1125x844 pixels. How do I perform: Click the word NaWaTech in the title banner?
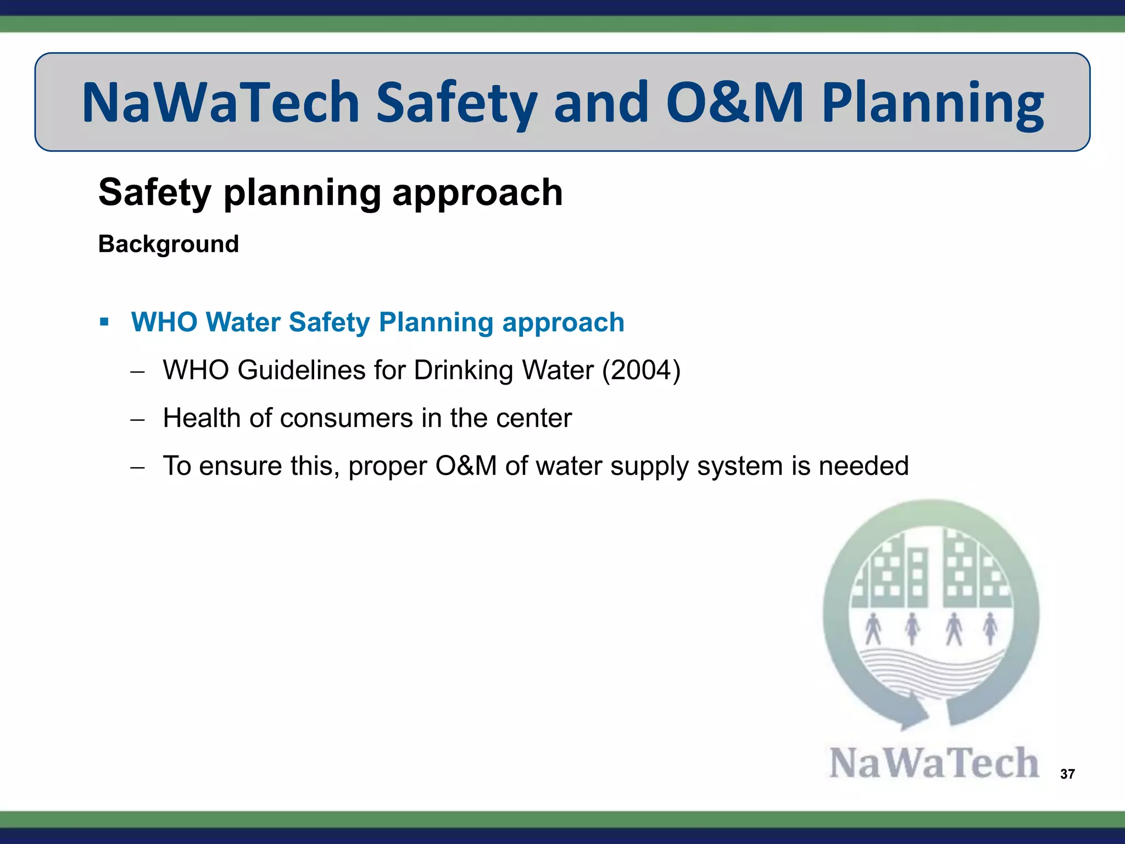(220, 102)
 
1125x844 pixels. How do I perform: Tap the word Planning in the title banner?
(932, 103)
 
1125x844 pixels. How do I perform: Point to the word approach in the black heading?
(477, 193)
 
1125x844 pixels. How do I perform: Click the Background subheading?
(169, 244)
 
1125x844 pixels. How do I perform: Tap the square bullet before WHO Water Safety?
(104, 321)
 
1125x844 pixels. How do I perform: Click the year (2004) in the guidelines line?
(641, 370)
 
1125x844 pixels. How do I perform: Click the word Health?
(202, 418)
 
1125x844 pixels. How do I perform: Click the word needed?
(864, 466)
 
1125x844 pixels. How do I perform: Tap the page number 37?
(1067, 774)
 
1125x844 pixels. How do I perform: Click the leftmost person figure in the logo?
(873, 629)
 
